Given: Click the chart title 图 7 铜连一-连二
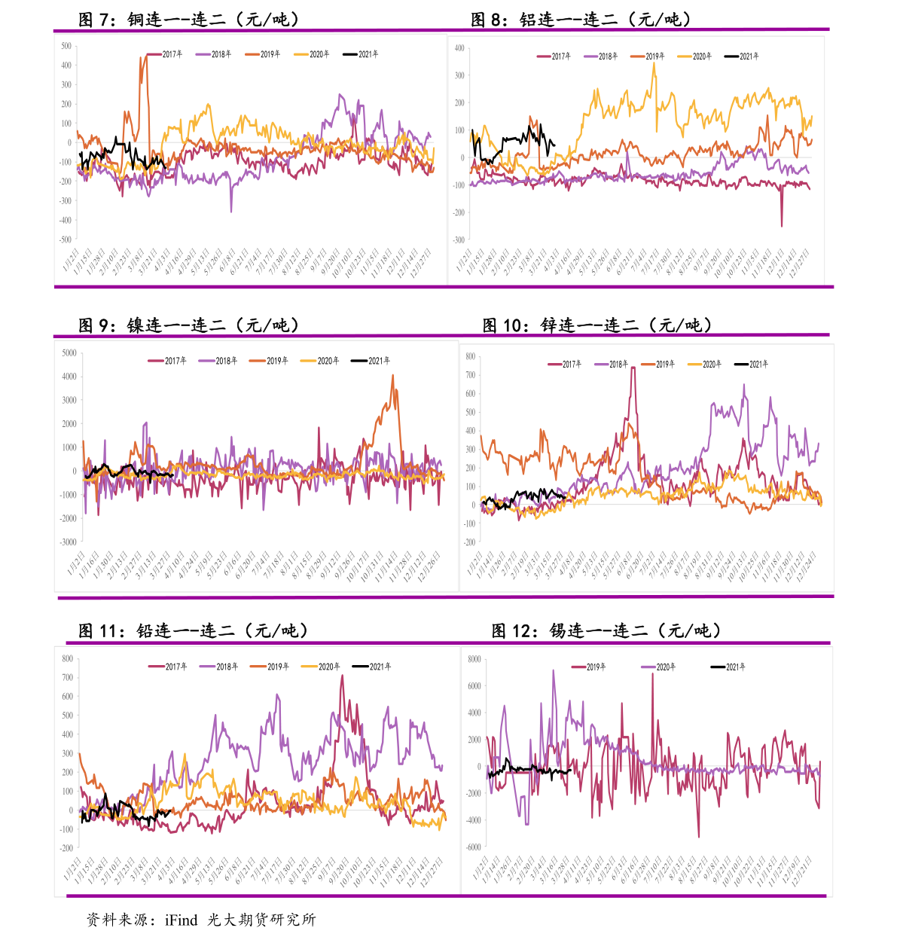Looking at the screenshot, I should [188, 20].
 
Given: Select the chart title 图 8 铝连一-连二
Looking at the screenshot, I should [581, 20].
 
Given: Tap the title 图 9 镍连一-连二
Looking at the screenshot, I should [189, 325].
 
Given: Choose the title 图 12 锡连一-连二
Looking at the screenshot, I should [606, 630].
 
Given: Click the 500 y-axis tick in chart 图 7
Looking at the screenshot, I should [66, 47].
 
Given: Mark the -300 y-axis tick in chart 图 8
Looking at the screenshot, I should [459, 240].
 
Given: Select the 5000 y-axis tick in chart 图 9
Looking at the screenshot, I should [69, 353].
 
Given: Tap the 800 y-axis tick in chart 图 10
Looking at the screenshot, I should [470, 357].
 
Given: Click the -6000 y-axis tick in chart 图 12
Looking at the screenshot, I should [472, 847].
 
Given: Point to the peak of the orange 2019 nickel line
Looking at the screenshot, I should [392, 376].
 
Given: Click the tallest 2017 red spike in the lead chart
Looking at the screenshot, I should [342, 676].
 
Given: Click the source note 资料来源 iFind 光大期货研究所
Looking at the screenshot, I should [201, 920].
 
